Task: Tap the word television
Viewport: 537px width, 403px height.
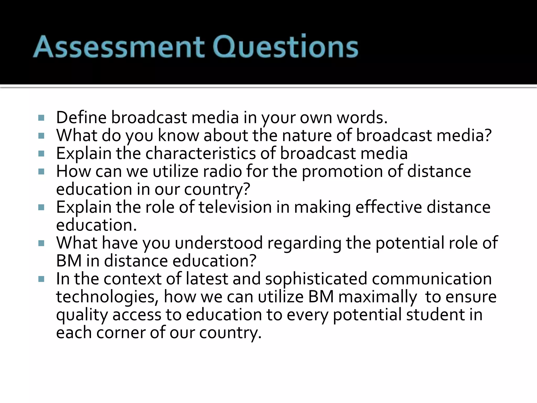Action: [235, 207]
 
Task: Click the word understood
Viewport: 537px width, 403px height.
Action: [219, 243]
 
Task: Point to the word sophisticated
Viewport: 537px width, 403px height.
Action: [316, 279]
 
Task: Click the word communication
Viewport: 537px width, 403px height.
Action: [432, 279]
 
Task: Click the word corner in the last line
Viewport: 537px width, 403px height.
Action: [121, 333]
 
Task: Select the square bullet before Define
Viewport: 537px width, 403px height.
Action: [41, 118]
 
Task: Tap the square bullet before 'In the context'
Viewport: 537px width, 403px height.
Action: [41, 279]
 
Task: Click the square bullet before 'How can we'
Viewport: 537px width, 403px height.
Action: [41, 172]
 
